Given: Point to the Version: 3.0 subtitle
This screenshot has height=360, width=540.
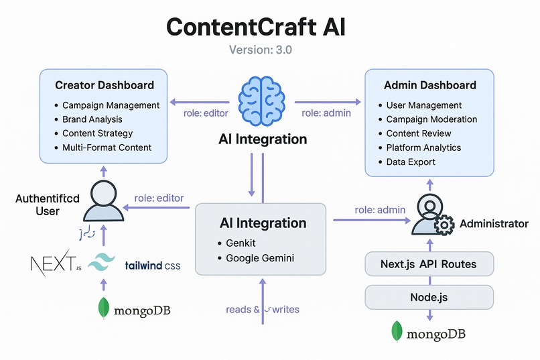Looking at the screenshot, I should point(261,50).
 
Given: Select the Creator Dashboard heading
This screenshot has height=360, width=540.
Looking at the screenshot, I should point(105,85).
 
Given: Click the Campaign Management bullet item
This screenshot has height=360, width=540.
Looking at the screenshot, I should point(111,105).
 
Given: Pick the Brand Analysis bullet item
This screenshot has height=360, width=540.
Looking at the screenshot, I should point(92,119).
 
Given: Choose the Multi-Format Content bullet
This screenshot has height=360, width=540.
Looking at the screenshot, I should point(107,147).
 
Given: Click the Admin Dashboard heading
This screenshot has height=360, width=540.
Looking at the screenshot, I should point(430,85).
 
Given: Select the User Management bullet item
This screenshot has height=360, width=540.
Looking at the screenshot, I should point(424,105).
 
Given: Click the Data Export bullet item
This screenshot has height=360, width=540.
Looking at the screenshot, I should point(411,162).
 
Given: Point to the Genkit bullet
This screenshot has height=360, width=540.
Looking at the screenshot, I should point(242,243).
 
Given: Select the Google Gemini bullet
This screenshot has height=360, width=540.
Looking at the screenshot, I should point(259,257).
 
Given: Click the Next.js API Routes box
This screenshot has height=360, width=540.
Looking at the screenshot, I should point(429,263).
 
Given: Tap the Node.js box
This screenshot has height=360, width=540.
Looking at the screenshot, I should point(429,296).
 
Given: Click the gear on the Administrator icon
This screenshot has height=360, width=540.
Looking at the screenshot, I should point(444,226).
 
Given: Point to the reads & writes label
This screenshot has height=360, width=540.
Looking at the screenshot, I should point(263,309).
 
